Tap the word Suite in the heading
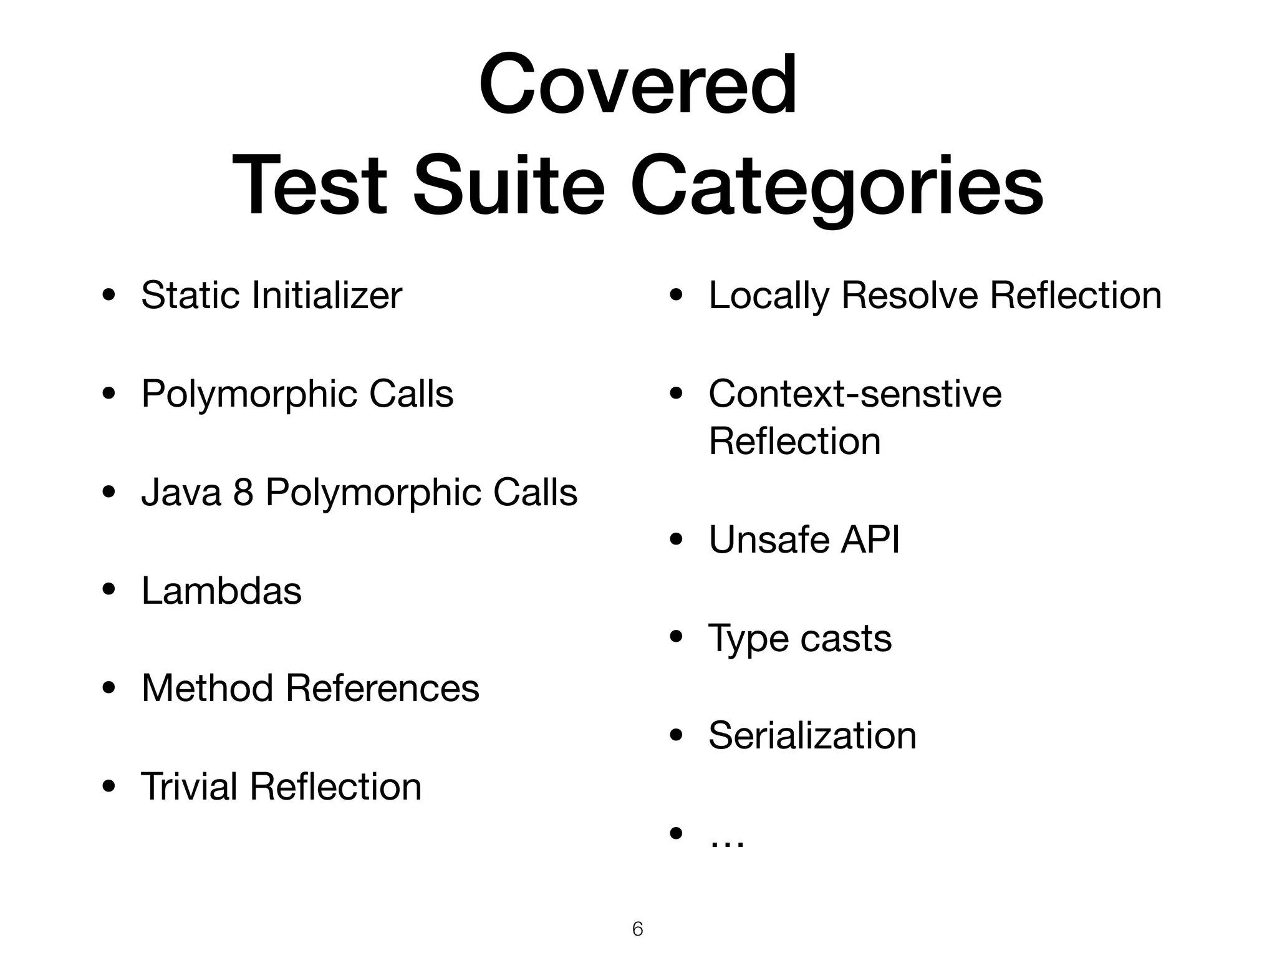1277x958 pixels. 508,185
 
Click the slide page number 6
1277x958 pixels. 637,929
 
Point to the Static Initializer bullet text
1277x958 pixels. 271,295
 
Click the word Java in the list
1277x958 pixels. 181,492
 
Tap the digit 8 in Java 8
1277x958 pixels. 243,492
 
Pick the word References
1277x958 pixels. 382,688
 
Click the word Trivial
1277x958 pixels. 189,786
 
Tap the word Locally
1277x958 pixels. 769,296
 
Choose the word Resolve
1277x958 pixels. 910,295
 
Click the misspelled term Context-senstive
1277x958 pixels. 855,394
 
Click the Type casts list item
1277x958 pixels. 800,638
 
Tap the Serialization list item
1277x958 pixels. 812,735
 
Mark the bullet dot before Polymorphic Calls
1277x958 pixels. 109,394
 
